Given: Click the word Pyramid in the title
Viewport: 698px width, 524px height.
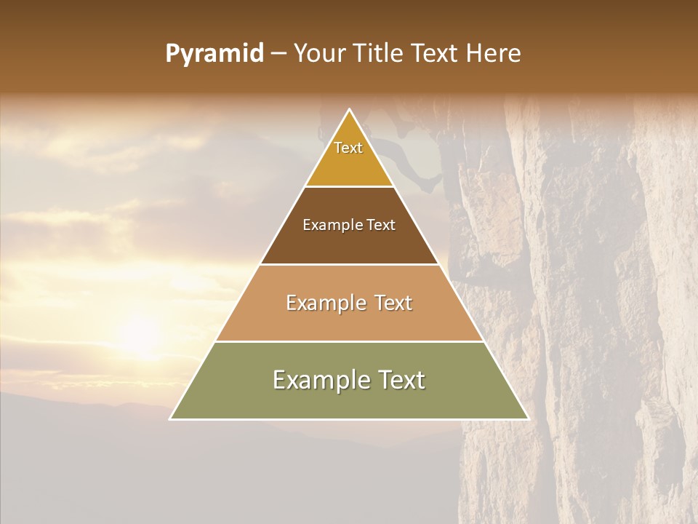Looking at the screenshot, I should [x=214, y=54].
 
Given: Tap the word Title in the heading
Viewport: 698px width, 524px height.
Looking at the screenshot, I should [x=378, y=54].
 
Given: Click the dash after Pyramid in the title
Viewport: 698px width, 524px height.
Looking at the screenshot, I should [x=278, y=54].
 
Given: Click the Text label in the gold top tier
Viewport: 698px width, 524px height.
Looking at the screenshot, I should [x=348, y=148].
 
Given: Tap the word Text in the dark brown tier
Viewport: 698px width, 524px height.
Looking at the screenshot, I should [x=382, y=225].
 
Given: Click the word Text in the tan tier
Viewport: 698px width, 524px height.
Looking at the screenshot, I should [x=393, y=303].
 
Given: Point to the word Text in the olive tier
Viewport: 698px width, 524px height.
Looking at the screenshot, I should [x=399, y=380].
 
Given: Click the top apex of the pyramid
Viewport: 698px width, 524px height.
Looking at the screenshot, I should [x=350, y=110].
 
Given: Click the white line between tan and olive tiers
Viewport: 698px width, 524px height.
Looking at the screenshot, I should [x=350, y=341].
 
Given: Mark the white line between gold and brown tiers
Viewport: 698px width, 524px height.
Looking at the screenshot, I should [x=350, y=187].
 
